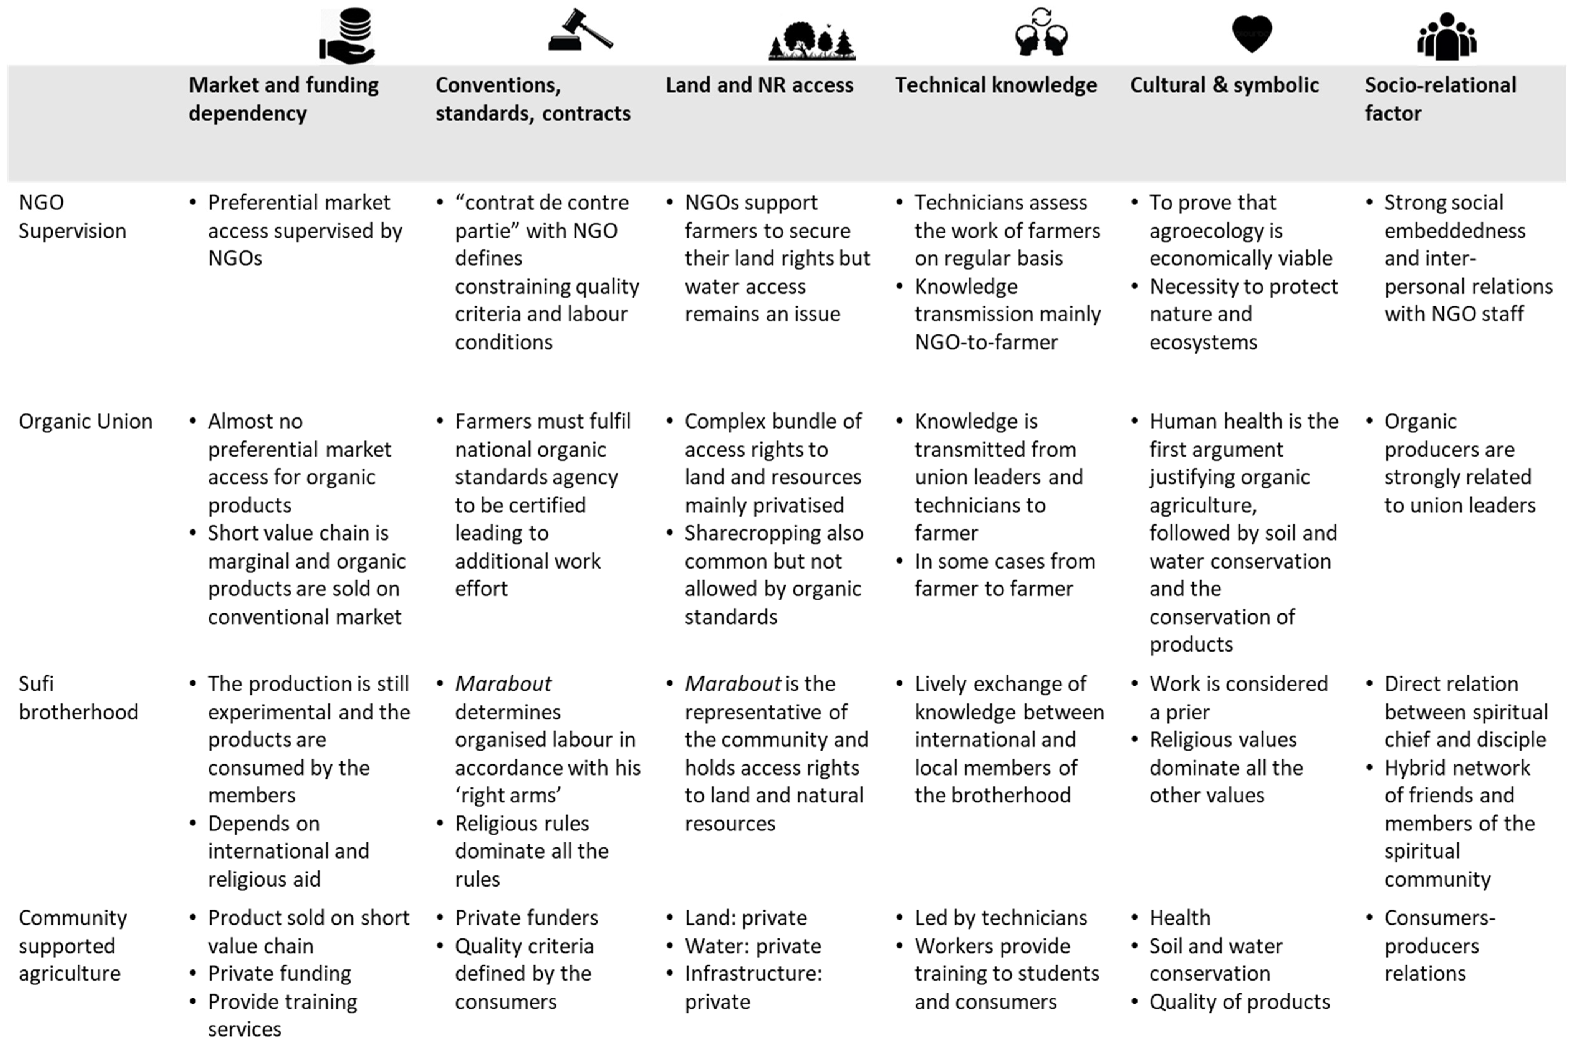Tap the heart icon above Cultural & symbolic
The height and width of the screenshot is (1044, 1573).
(1252, 33)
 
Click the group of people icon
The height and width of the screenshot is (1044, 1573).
(1446, 36)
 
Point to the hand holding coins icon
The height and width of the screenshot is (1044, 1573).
(348, 36)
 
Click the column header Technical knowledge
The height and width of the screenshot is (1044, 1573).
(995, 85)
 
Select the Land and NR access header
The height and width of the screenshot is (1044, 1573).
(759, 85)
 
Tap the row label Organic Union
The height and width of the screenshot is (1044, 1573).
(85, 421)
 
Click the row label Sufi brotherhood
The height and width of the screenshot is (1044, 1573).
(78, 698)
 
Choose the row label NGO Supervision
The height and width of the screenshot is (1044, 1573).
(72, 216)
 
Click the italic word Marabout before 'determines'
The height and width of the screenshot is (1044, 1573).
(503, 684)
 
